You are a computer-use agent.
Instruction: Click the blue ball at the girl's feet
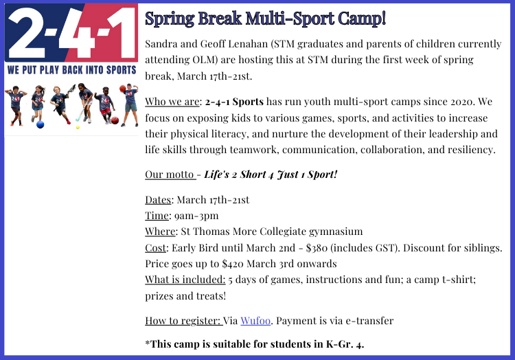[x=40, y=124]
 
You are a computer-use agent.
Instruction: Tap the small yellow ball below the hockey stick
[x=78, y=127]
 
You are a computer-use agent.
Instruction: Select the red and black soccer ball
[x=115, y=120]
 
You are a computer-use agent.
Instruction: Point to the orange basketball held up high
[x=122, y=89]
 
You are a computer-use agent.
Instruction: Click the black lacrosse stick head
[x=71, y=89]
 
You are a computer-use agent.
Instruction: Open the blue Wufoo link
[x=255, y=321]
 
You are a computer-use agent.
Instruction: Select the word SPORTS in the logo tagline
[x=121, y=70]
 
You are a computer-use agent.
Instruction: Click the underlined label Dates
[x=158, y=200]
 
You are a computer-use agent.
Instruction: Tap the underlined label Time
[x=157, y=216]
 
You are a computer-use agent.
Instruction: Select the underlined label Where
[x=160, y=232]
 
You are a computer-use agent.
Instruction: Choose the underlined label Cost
[x=156, y=247]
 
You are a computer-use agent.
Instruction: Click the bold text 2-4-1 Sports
[x=234, y=102]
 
